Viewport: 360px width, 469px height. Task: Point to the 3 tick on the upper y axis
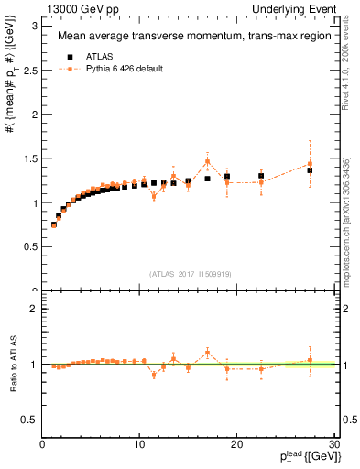pyautogui.click(x=35, y=25)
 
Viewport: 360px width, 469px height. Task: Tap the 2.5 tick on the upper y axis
pyautogui.click(x=30, y=70)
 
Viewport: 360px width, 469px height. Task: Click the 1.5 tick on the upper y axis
pyautogui.click(x=30, y=158)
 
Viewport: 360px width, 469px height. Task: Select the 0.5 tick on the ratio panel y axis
pyautogui.click(x=30, y=420)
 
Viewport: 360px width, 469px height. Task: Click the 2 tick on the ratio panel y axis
pyautogui.click(x=35, y=309)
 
